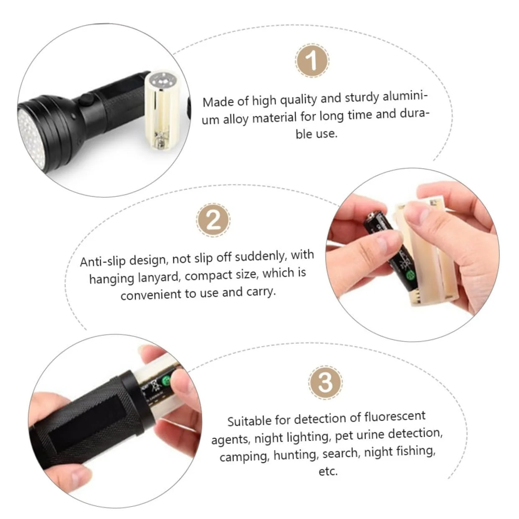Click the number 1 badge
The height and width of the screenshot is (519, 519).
pyautogui.click(x=312, y=60)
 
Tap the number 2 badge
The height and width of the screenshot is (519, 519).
pyautogui.click(x=213, y=220)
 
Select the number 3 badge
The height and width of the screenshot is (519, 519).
pyautogui.click(x=325, y=382)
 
